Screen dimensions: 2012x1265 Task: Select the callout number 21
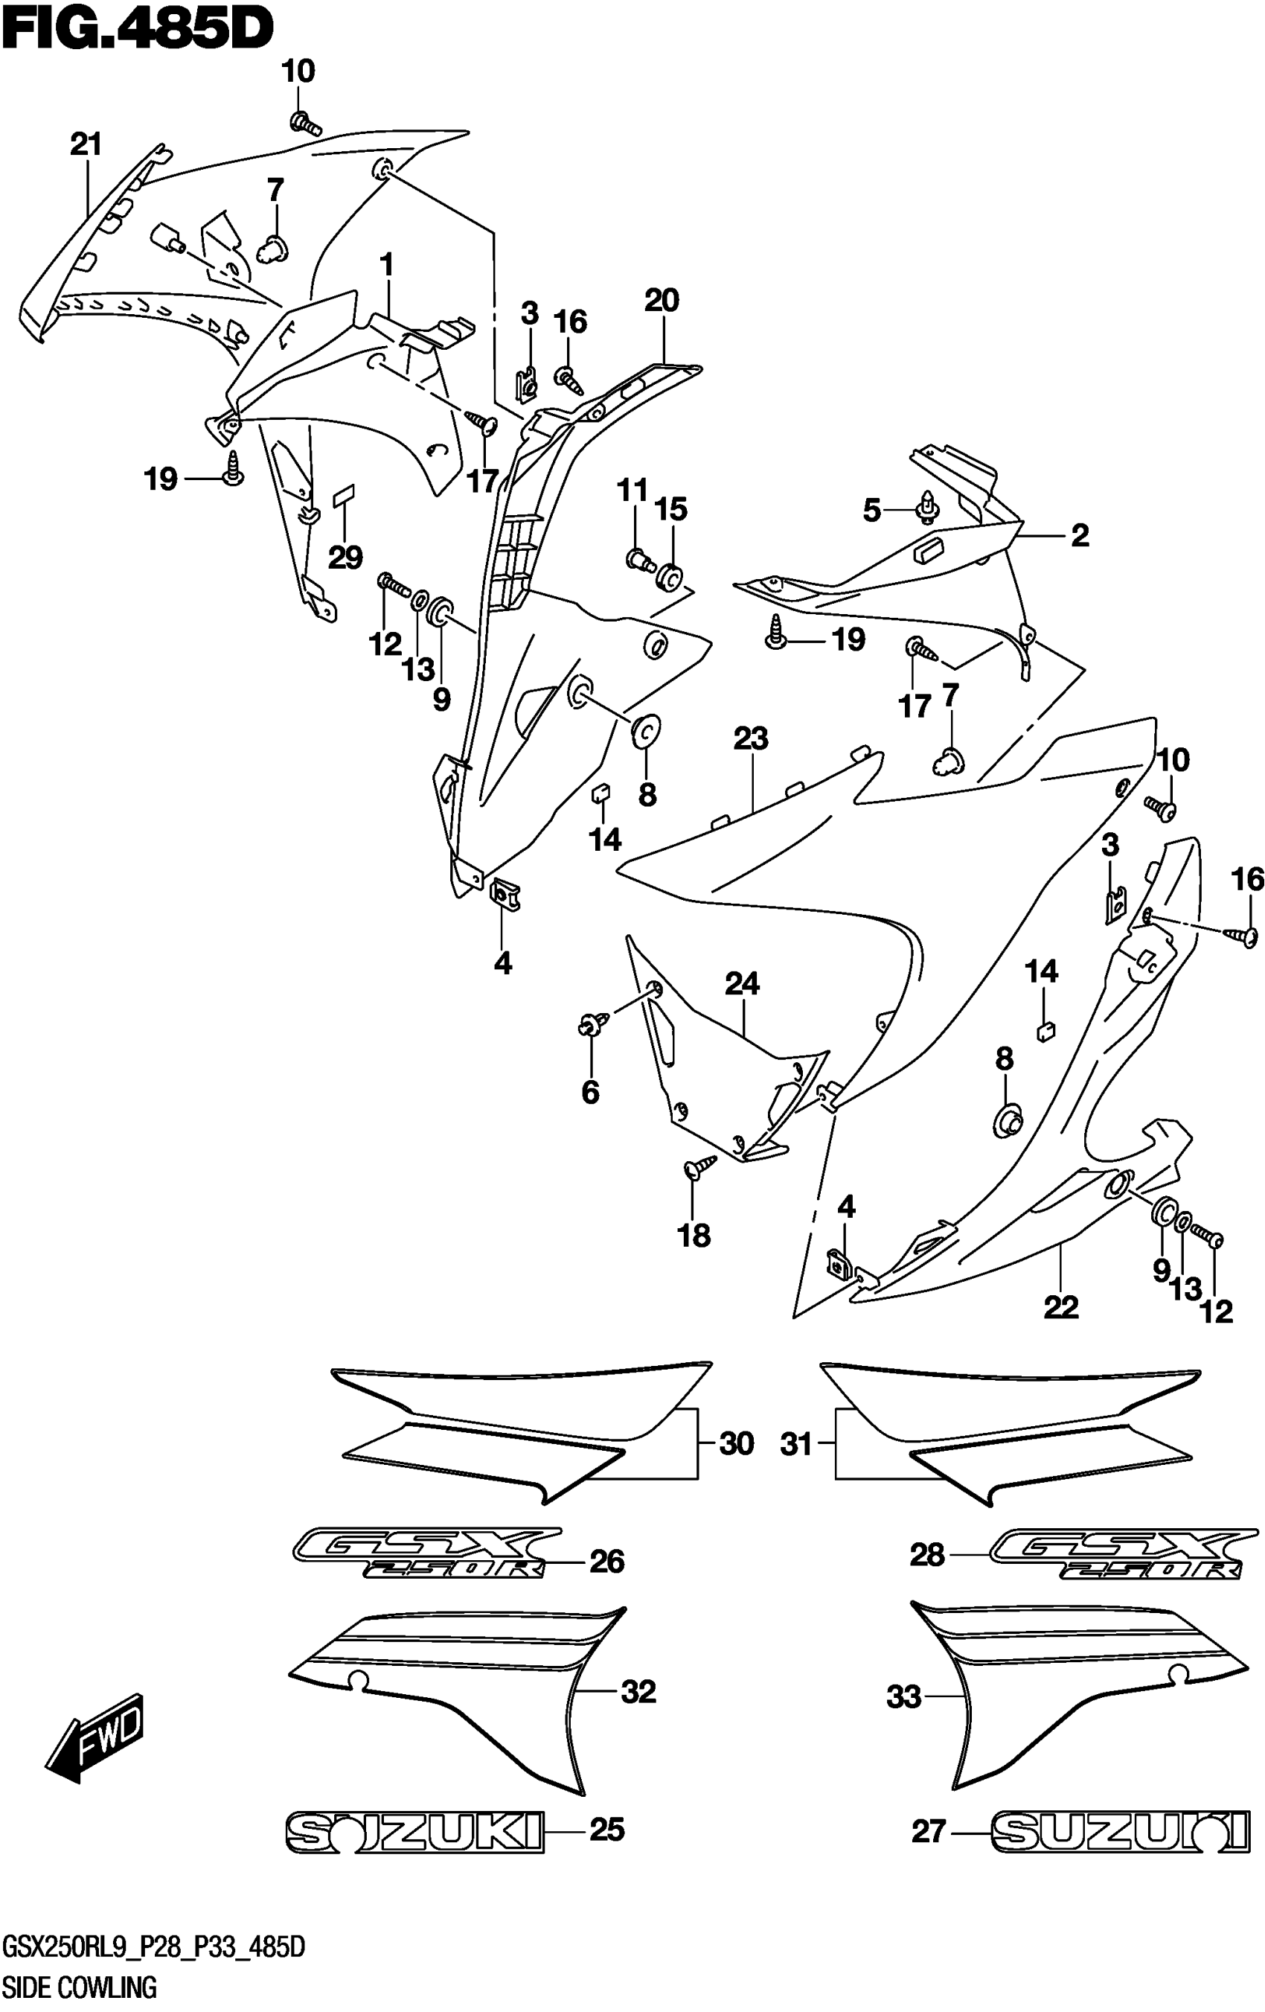[x=86, y=144]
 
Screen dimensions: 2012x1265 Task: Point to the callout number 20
[x=662, y=300]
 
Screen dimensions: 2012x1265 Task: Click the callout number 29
[x=345, y=558]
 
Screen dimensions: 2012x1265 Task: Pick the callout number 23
[x=750, y=738]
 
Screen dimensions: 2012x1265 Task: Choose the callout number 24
[x=742, y=984]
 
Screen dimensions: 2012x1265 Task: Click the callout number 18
[x=694, y=1235]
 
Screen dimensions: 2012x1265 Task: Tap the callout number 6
[x=591, y=1092]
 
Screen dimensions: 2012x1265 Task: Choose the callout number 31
[x=796, y=1444]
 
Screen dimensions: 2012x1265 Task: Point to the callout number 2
[x=1080, y=534]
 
